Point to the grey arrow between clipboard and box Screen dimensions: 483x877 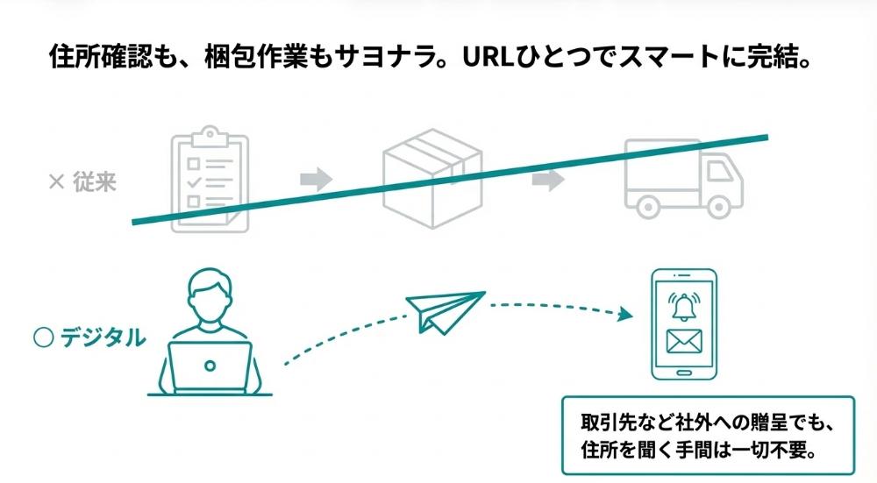pyautogui.click(x=316, y=181)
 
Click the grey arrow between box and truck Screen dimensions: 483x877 pyautogui.click(x=547, y=181)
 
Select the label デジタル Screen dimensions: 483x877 pyautogui.click(x=103, y=337)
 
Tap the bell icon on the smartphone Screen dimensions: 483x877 pyautogui.click(x=682, y=305)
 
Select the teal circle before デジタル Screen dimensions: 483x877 pyautogui.click(x=42, y=337)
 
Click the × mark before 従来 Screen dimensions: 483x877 pyautogui.click(x=57, y=182)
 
